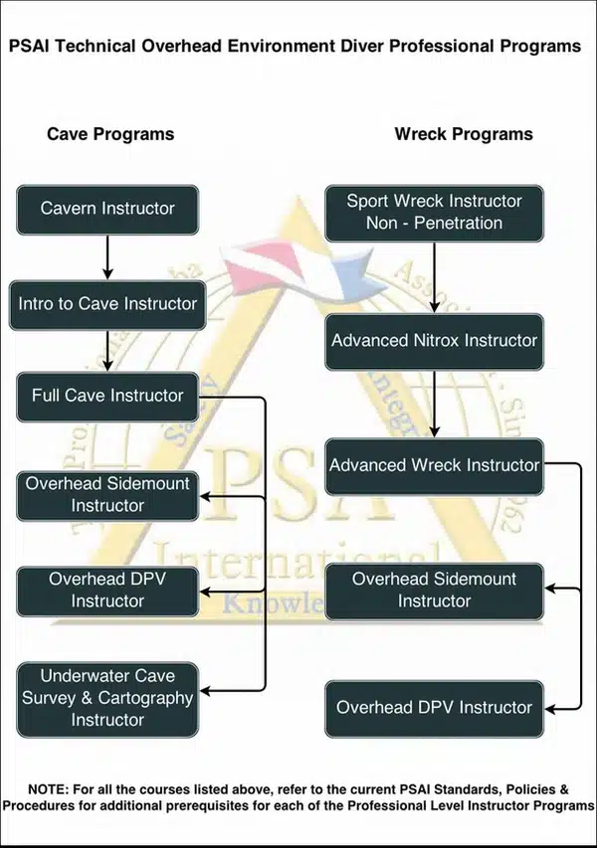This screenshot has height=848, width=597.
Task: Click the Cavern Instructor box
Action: tap(107, 210)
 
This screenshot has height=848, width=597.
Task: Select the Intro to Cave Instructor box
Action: tap(107, 305)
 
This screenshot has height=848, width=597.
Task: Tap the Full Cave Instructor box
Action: tap(107, 397)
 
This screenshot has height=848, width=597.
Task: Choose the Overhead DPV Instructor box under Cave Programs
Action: tap(107, 592)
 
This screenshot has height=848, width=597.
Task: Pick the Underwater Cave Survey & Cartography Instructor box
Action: tap(107, 700)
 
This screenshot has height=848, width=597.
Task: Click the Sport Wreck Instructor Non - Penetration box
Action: tap(434, 213)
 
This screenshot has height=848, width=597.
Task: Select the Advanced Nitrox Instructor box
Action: tap(434, 342)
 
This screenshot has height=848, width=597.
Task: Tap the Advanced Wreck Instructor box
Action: tap(434, 466)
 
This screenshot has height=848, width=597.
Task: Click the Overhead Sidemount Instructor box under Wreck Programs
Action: tap(434, 592)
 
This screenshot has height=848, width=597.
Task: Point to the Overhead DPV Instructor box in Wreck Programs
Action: tap(434, 709)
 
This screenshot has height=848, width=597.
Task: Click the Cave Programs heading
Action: tap(110, 134)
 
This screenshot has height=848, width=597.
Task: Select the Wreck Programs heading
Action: tap(464, 134)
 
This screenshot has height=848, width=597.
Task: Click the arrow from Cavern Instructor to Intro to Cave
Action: tap(107, 257)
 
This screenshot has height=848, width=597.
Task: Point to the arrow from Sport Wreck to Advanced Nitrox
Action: tap(434, 277)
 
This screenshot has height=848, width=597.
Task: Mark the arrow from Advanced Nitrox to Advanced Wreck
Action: tap(434, 405)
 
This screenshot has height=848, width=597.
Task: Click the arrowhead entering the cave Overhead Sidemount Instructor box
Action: tap(205, 497)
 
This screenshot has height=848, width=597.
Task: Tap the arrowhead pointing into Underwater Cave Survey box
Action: tap(205, 691)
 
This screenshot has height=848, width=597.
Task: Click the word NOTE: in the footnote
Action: tap(48, 789)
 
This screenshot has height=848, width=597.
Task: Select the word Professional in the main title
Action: tap(442, 46)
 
